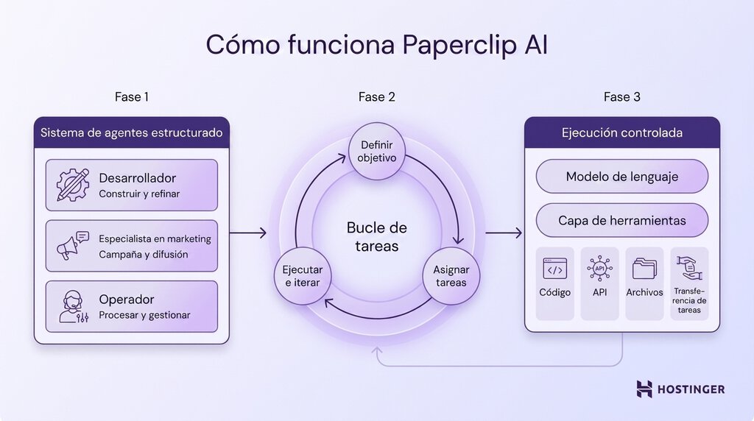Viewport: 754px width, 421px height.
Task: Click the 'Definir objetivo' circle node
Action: click(x=376, y=152)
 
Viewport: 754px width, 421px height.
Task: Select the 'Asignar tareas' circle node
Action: click(x=451, y=276)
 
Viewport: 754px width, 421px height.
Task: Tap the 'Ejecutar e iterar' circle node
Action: click(x=303, y=276)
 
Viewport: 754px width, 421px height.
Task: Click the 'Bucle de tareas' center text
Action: click(x=376, y=237)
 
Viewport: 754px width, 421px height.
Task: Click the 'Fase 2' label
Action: click(x=376, y=97)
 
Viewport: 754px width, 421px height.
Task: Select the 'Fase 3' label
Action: click(x=621, y=97)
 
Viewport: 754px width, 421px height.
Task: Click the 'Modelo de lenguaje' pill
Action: click(x=621, y=177)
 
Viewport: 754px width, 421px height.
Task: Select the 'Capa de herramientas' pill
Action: click(x=621, y=221)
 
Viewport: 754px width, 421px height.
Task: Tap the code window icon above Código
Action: click(x=554, y=269)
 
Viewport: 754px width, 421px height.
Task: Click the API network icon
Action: click(x=599, y=269)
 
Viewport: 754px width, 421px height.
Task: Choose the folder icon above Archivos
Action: click(x=644, y=269)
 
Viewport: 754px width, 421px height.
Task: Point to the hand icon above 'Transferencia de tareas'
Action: click(x=690, y=268)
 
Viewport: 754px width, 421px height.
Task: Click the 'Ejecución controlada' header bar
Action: click(x=621, y=133)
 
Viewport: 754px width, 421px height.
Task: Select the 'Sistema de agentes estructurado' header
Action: click(x=131, y=133)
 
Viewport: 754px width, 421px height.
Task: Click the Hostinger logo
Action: click(x=680, y=389)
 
